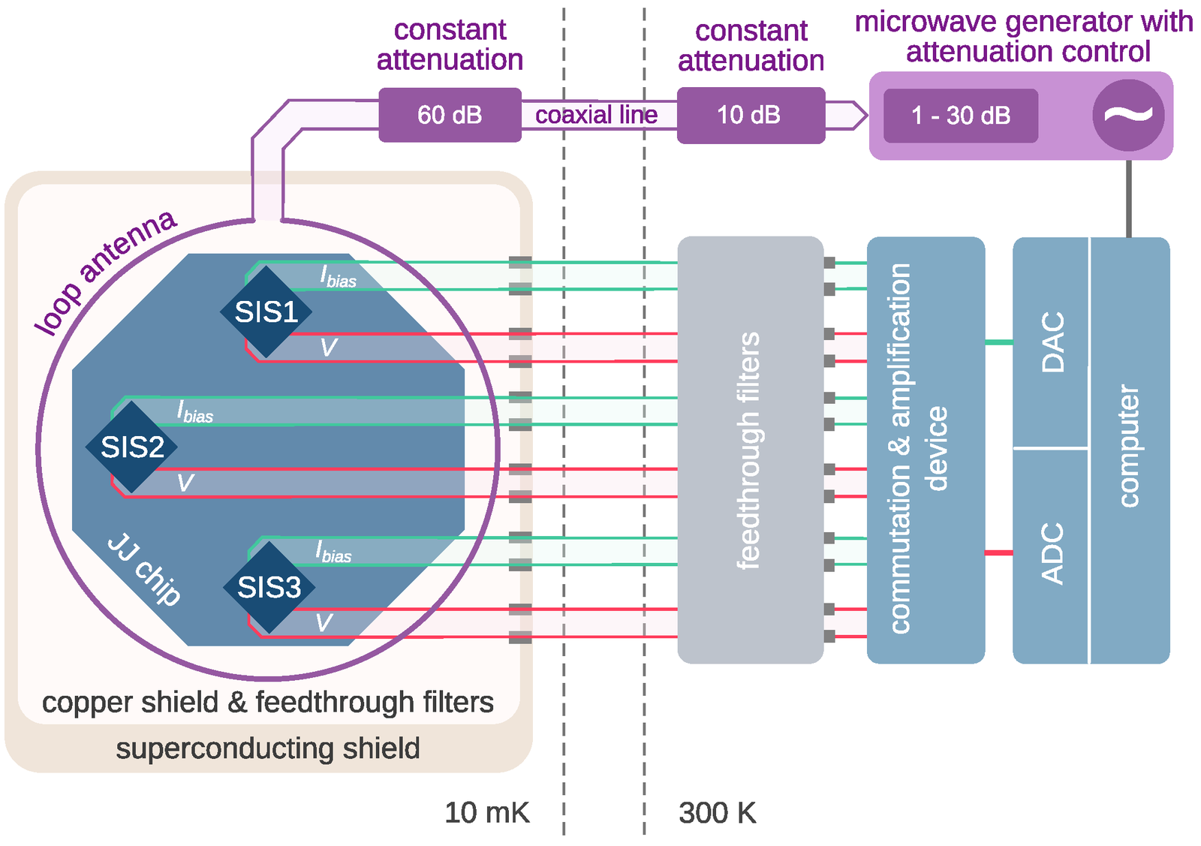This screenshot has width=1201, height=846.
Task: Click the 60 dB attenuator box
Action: pos(450,115)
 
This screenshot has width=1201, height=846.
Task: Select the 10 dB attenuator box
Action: pos(750,115)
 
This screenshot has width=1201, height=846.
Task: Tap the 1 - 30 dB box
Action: pos(960,116)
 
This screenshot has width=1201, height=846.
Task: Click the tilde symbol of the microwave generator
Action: pos(1128,115)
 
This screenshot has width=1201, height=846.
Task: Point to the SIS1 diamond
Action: pos(266,312)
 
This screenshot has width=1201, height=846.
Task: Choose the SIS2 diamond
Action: pos(132,447)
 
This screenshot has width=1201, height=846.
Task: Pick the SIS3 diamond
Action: pos(269,587)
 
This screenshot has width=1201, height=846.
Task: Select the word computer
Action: pos(1128,447)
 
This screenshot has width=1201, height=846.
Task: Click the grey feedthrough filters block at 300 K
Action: pos(750,450)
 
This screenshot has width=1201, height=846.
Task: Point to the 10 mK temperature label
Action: pos(486,813)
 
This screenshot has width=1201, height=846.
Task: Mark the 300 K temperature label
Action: pos(717,813)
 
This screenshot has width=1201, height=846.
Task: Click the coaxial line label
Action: pos(596,115)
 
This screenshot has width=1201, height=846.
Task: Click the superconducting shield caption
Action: pos(268,748)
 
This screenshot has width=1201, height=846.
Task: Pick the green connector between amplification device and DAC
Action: pos(998,342)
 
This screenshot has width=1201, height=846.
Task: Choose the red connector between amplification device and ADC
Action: pos(998,553)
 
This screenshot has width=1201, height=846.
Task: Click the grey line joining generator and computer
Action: pos(1128,199)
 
